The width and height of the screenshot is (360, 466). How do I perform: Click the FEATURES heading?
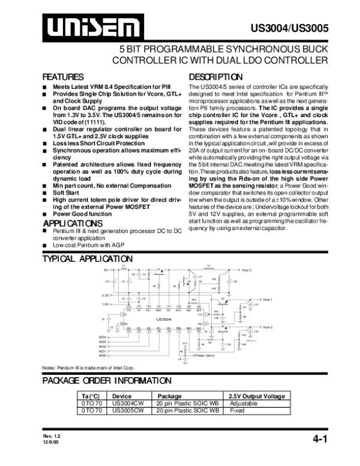tap(62, 77)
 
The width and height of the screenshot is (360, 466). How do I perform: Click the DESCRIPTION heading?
tap(215, 77)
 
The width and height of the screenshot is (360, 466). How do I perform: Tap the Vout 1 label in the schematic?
tap(267, 299)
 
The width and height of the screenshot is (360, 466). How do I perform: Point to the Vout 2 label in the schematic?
tap(267, 327)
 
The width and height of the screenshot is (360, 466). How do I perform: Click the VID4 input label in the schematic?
tap(103, 337)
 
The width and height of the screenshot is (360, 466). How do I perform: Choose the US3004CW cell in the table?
tap(128, 404)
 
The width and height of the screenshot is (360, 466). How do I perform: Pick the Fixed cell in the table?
tap(238, 411)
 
